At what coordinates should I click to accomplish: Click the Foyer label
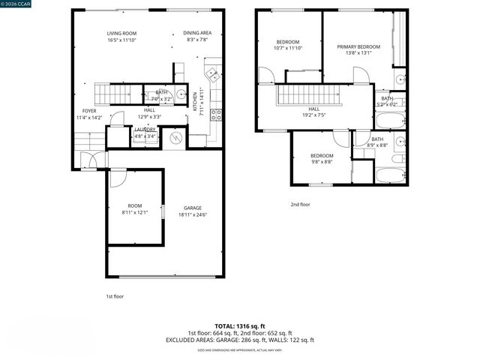click(x=89, y=111)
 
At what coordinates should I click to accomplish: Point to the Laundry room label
click(x=145, y=130)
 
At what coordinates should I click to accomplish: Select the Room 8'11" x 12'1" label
click(x=134, y=205)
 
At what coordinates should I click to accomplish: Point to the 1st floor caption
click(x=115, y=296)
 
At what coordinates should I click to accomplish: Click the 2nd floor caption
click(x=300, y=204)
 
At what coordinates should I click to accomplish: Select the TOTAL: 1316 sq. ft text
click(x=239, y=326)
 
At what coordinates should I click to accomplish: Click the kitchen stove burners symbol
click(x=215, y=115)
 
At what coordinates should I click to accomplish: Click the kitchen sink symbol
click(x=213, y=75)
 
